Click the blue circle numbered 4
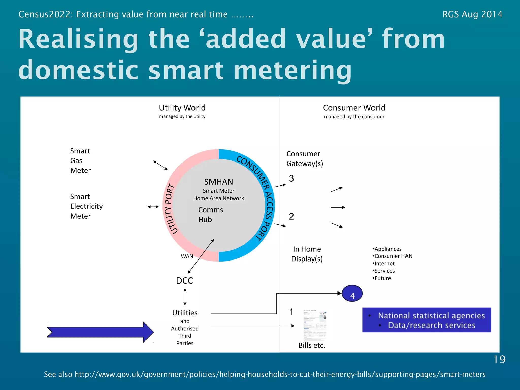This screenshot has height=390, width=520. [x=352, y=294]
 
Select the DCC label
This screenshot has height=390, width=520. [x=185, y=281]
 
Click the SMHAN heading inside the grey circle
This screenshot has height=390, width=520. [x=219, y=182]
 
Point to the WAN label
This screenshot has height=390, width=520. [x=187, y=256]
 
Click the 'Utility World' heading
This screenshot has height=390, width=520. [x=182, y=108]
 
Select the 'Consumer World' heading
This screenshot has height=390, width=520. [x=354, y=108]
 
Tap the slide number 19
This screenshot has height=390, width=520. [x=499, y=360]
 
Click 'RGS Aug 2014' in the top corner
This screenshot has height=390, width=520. [x=472, y=14]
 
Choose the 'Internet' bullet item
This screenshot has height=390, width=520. [x=384, y=264]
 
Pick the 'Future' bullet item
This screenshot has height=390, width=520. [x=383, y=278]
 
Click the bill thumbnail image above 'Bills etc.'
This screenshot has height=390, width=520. [x=315, y=325]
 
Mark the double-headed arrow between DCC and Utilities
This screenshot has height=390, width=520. [x=185, y=297]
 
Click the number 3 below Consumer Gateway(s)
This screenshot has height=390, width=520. [x=291, y=178]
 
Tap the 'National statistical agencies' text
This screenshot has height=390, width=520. [x=431, y=316]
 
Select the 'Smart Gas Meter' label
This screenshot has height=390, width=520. [x=80, y=161]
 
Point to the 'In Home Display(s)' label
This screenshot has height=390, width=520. [x=307, y=254]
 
